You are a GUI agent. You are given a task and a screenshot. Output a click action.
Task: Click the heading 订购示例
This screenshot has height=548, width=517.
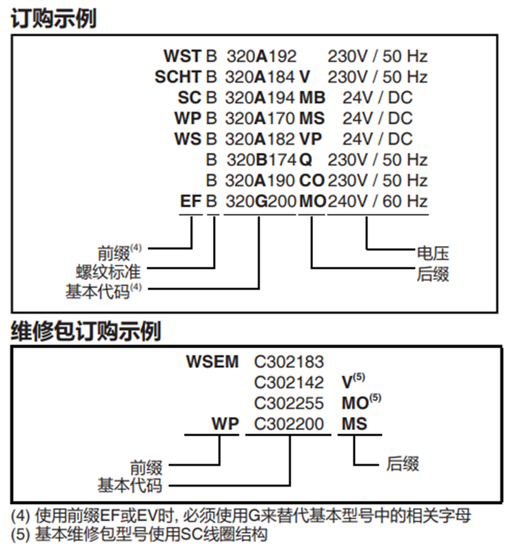(x=54, y=18)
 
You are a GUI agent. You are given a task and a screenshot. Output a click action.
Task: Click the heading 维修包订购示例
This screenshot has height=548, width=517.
(x=86, y=331)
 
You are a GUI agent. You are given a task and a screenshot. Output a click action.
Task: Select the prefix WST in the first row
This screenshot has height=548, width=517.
(x=183, y=57)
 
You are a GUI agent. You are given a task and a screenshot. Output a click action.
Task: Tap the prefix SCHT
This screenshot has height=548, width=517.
(x=179, y=77)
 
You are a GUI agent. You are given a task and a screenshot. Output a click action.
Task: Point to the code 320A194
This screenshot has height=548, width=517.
(x=260, y=97)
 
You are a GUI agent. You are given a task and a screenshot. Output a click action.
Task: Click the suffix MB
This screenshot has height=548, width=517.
(x=312, y=97)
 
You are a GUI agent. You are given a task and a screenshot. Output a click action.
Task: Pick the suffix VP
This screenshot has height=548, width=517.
(x=311, y=139)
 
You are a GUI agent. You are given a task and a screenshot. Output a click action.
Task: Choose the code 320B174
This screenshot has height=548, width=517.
(x=261, y=160)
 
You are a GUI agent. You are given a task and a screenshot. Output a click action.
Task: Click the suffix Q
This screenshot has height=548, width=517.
(x=305, y=160)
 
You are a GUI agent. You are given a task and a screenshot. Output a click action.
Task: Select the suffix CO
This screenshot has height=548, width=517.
(x=312, y=181)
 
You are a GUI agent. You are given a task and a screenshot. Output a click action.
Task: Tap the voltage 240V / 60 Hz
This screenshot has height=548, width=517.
(x=378, y=201)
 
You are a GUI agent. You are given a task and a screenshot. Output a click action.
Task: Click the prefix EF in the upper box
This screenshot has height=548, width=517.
(x=191, y=201)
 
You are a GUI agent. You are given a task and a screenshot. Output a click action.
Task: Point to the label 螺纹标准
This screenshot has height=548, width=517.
(x=108, y=272)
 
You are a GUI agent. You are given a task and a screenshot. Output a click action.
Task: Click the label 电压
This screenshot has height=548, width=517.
(x=433, y=253)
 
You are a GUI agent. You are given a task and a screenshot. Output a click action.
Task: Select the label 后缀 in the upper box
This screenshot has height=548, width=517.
(x=433, y=274)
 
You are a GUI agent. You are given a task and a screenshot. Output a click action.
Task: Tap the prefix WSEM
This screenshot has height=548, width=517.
(x=212, y=361)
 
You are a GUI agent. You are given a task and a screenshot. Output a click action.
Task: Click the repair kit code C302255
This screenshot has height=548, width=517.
(x=289, y=403)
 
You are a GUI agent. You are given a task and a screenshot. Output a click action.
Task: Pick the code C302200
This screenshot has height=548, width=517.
(x=289, y=424)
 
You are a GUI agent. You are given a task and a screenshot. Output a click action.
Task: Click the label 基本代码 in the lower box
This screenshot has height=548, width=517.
(x=130, y=485)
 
